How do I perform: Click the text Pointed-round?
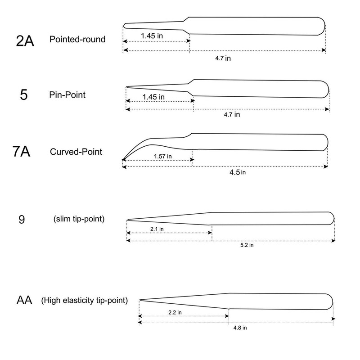pos(77,40)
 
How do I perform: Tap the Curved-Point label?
pos(76,152)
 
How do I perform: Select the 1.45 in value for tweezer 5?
pos(153,97)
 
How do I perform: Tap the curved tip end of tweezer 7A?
pos(123,159)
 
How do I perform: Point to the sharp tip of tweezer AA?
pos(140,301)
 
